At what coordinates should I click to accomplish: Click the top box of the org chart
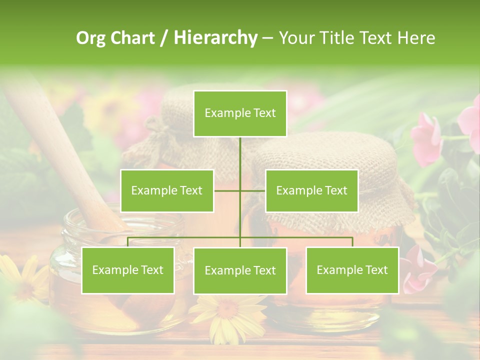(x=240, y=113)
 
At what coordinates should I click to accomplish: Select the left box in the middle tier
(x=167, y=190)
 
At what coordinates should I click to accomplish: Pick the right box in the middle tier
(x=311, y=190)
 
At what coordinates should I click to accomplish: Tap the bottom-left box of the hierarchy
(x=128, y=270)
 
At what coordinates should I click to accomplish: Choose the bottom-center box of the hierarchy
(x=240, y=270)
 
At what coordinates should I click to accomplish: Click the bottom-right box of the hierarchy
(x=352, y=270)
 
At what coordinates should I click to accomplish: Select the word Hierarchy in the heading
(x=215, y=38)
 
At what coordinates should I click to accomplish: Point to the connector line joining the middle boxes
(x=240, y=190)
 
